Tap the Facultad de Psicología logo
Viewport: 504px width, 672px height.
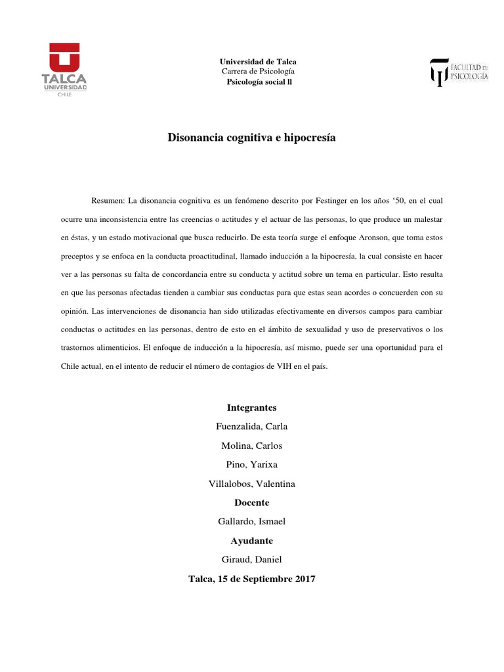[459, 72]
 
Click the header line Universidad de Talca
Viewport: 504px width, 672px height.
[258, 61]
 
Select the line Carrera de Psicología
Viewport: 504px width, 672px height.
[258, 71]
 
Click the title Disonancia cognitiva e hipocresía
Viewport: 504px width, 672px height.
[252, 138]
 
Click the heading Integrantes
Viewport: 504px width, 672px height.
[252, 408]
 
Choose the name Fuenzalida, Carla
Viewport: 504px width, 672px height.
[252, 427]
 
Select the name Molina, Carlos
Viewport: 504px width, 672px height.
[252, 446]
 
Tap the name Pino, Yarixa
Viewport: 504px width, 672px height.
[252, 465]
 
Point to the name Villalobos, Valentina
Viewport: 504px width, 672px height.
[252, 484]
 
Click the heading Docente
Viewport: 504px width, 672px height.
[252, 503]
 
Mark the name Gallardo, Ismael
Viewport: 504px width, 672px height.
[252, 522]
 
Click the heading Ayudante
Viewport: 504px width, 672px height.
[252, 541]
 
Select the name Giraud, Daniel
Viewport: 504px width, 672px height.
[252, 560]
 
